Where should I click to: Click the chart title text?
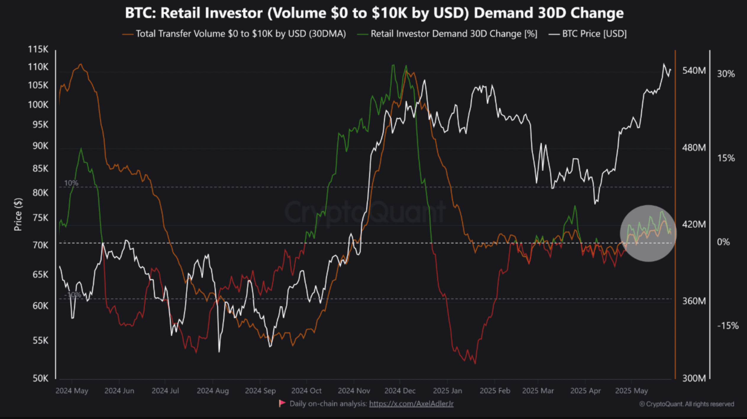point(374,13)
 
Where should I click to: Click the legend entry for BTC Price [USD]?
point(594,34)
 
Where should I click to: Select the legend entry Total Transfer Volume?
point(240,34)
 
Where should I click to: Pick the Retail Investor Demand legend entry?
point(454,34)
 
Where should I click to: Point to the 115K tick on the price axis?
point(38,49)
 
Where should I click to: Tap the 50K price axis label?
point(40,378)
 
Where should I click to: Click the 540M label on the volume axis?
point(694,71)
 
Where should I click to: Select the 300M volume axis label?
point(694,378)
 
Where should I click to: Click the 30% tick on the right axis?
point(726,74)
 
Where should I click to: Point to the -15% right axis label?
point(727,326)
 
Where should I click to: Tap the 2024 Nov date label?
point(354,391)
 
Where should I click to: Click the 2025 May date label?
point(631,391)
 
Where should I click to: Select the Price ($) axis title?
point(18,214)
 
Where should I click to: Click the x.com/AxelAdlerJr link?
point(411,404)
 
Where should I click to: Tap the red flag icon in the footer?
point(282,403)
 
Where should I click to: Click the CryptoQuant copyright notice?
point(686,404)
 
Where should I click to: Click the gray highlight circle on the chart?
point(648,233)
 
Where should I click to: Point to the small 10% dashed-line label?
point(71,183)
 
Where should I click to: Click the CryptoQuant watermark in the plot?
point(365,212)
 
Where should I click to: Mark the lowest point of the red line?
point(475,363)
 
